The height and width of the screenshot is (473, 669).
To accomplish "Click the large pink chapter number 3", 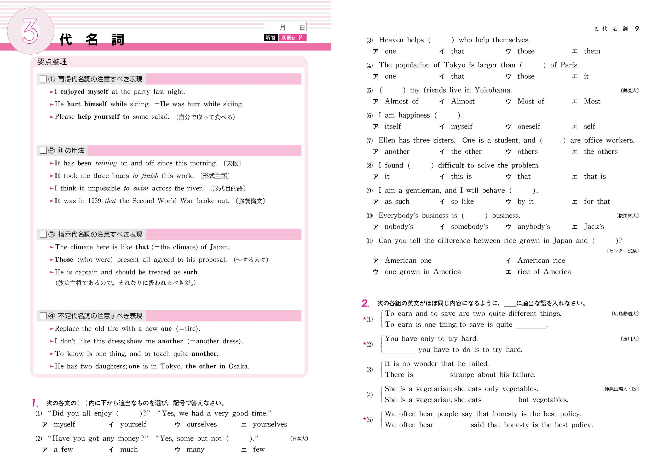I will [30, 31].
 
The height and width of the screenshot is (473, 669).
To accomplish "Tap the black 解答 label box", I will [270, 38].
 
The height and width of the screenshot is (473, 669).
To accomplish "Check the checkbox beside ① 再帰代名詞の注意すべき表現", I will [43, 79].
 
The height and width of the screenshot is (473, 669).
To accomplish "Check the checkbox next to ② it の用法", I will [43, 150].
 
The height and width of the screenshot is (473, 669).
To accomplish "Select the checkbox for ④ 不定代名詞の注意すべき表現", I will [43, 316].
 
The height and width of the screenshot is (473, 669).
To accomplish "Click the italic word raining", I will [106, 163].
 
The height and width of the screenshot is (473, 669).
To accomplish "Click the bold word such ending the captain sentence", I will [191, 272].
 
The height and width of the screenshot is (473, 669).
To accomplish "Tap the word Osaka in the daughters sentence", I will [238, 366].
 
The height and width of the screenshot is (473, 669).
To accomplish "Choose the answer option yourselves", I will [270, 425].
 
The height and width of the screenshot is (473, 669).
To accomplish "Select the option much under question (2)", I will [129, 450].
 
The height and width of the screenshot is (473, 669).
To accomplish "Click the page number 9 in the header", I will [637, 28].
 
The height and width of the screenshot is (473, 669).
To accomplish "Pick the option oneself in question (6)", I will [529, 126].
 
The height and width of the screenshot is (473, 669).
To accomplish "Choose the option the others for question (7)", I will [601, 152].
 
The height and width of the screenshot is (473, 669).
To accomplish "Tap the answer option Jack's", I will [594, 227].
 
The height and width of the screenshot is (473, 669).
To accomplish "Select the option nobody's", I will [399, 227].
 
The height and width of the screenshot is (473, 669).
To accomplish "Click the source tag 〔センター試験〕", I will [623, 251].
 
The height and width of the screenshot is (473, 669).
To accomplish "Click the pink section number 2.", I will [365, 303].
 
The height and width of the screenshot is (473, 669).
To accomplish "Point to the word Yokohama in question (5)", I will [493, 90].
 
